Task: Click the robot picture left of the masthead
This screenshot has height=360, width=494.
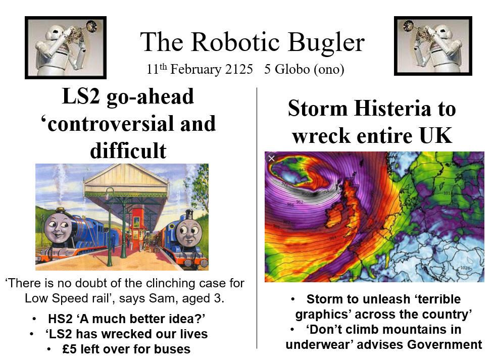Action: [x=66, y=47]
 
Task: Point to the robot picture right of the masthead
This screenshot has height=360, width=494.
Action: [x=433, y=46]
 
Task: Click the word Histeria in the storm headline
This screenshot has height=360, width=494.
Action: [x=392, y=109]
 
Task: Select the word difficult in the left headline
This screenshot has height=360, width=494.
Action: [x=128, y=150]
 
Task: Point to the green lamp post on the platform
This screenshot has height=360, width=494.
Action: [x=110, y=227]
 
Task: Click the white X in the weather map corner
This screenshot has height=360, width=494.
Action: [x=272, y=159]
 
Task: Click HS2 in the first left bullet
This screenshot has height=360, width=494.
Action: [x=61, y=319]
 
